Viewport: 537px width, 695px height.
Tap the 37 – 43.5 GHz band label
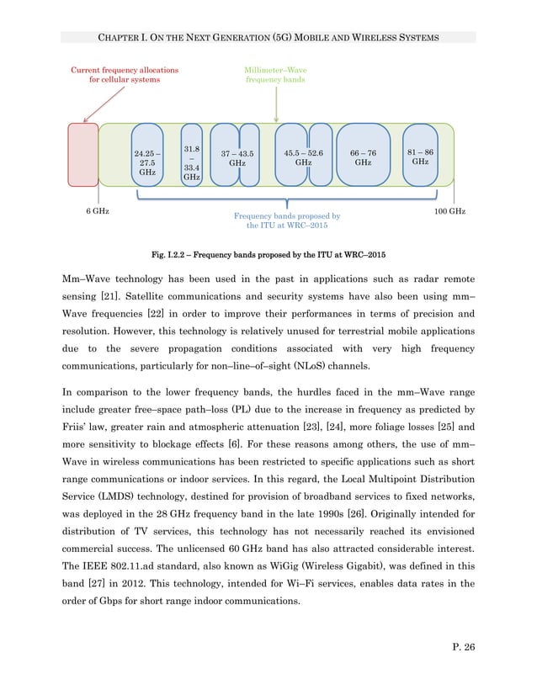[237, 159]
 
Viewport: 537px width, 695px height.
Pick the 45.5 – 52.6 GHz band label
[303, 158]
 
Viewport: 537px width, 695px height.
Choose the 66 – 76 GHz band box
[363, 158]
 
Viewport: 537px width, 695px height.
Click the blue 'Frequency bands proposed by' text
[287, 216]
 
